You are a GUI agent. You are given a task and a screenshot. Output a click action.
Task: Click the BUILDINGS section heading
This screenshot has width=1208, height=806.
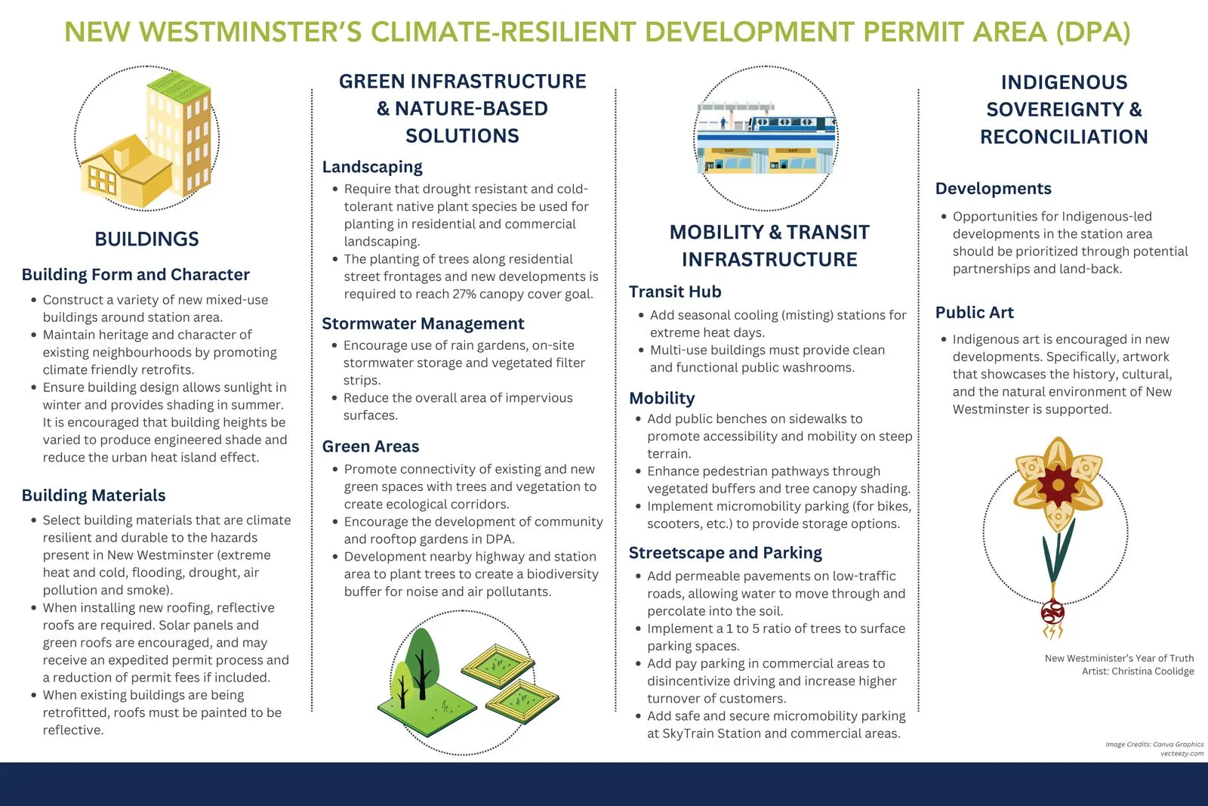pyautogui.click(x=146, y=239)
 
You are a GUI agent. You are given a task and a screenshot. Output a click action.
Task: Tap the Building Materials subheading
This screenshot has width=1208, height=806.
pyautogui.click(x=94, y=496)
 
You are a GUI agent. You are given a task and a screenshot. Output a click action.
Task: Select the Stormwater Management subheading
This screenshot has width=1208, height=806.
pyautogui.click(x=423, y=324)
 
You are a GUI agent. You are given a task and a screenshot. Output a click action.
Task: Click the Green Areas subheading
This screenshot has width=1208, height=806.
pyautogui.click(x=371, y=447)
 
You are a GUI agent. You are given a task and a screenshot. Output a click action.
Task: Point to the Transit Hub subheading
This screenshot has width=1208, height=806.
pyautogui.click(x=675, y=292)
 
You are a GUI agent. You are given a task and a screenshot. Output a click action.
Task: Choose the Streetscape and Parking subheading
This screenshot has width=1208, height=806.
pyautogui.click(x=726, y=553)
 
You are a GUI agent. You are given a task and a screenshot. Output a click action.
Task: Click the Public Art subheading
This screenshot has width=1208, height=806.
pyautogui.click(x=975, y=313)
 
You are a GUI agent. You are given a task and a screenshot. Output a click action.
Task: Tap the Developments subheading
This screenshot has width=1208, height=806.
pyautogui.click(x=994, y=189)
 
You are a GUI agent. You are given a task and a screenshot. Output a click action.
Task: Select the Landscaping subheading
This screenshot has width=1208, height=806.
pyautogui.click(x=372, y=167)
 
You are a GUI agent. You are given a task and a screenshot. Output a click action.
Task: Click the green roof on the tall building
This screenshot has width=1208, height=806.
pyautogui.click(x=179, y=85)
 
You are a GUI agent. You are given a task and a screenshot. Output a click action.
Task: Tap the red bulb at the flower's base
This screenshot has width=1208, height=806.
pyautogui.click(x=1052, y=610)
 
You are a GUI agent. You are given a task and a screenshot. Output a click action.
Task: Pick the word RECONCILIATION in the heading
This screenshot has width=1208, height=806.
pyautogui.click(x=1064, y=137)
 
